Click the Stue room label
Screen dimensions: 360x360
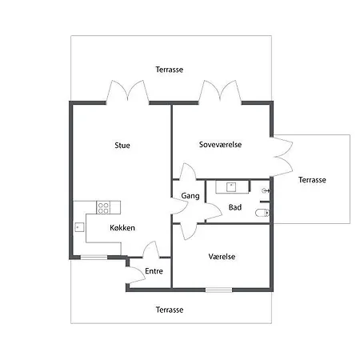point(122,146)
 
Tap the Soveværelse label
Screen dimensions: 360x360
point(220,145)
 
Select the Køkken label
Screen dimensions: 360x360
point(122,228)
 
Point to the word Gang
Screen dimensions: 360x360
point(190,196)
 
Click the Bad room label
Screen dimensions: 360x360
point(235,207)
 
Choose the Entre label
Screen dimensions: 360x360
point(154,271)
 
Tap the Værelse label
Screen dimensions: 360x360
point(222,257)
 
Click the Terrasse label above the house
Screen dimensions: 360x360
point(170,70)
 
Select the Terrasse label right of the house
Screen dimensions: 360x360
point(312,180)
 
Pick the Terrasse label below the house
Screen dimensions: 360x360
point(170,310)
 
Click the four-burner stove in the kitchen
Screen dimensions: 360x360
point(103,207)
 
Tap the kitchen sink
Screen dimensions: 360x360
point(79,227)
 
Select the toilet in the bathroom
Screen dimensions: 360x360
point(262,213)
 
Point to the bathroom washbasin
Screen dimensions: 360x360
point(231,187)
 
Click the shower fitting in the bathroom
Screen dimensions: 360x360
point(266,190)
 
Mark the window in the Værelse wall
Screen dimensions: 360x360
point(219,290)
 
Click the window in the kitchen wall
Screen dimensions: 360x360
point(94,258)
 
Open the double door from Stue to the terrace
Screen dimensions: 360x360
point(128,91)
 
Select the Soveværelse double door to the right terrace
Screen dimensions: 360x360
point(283,158)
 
